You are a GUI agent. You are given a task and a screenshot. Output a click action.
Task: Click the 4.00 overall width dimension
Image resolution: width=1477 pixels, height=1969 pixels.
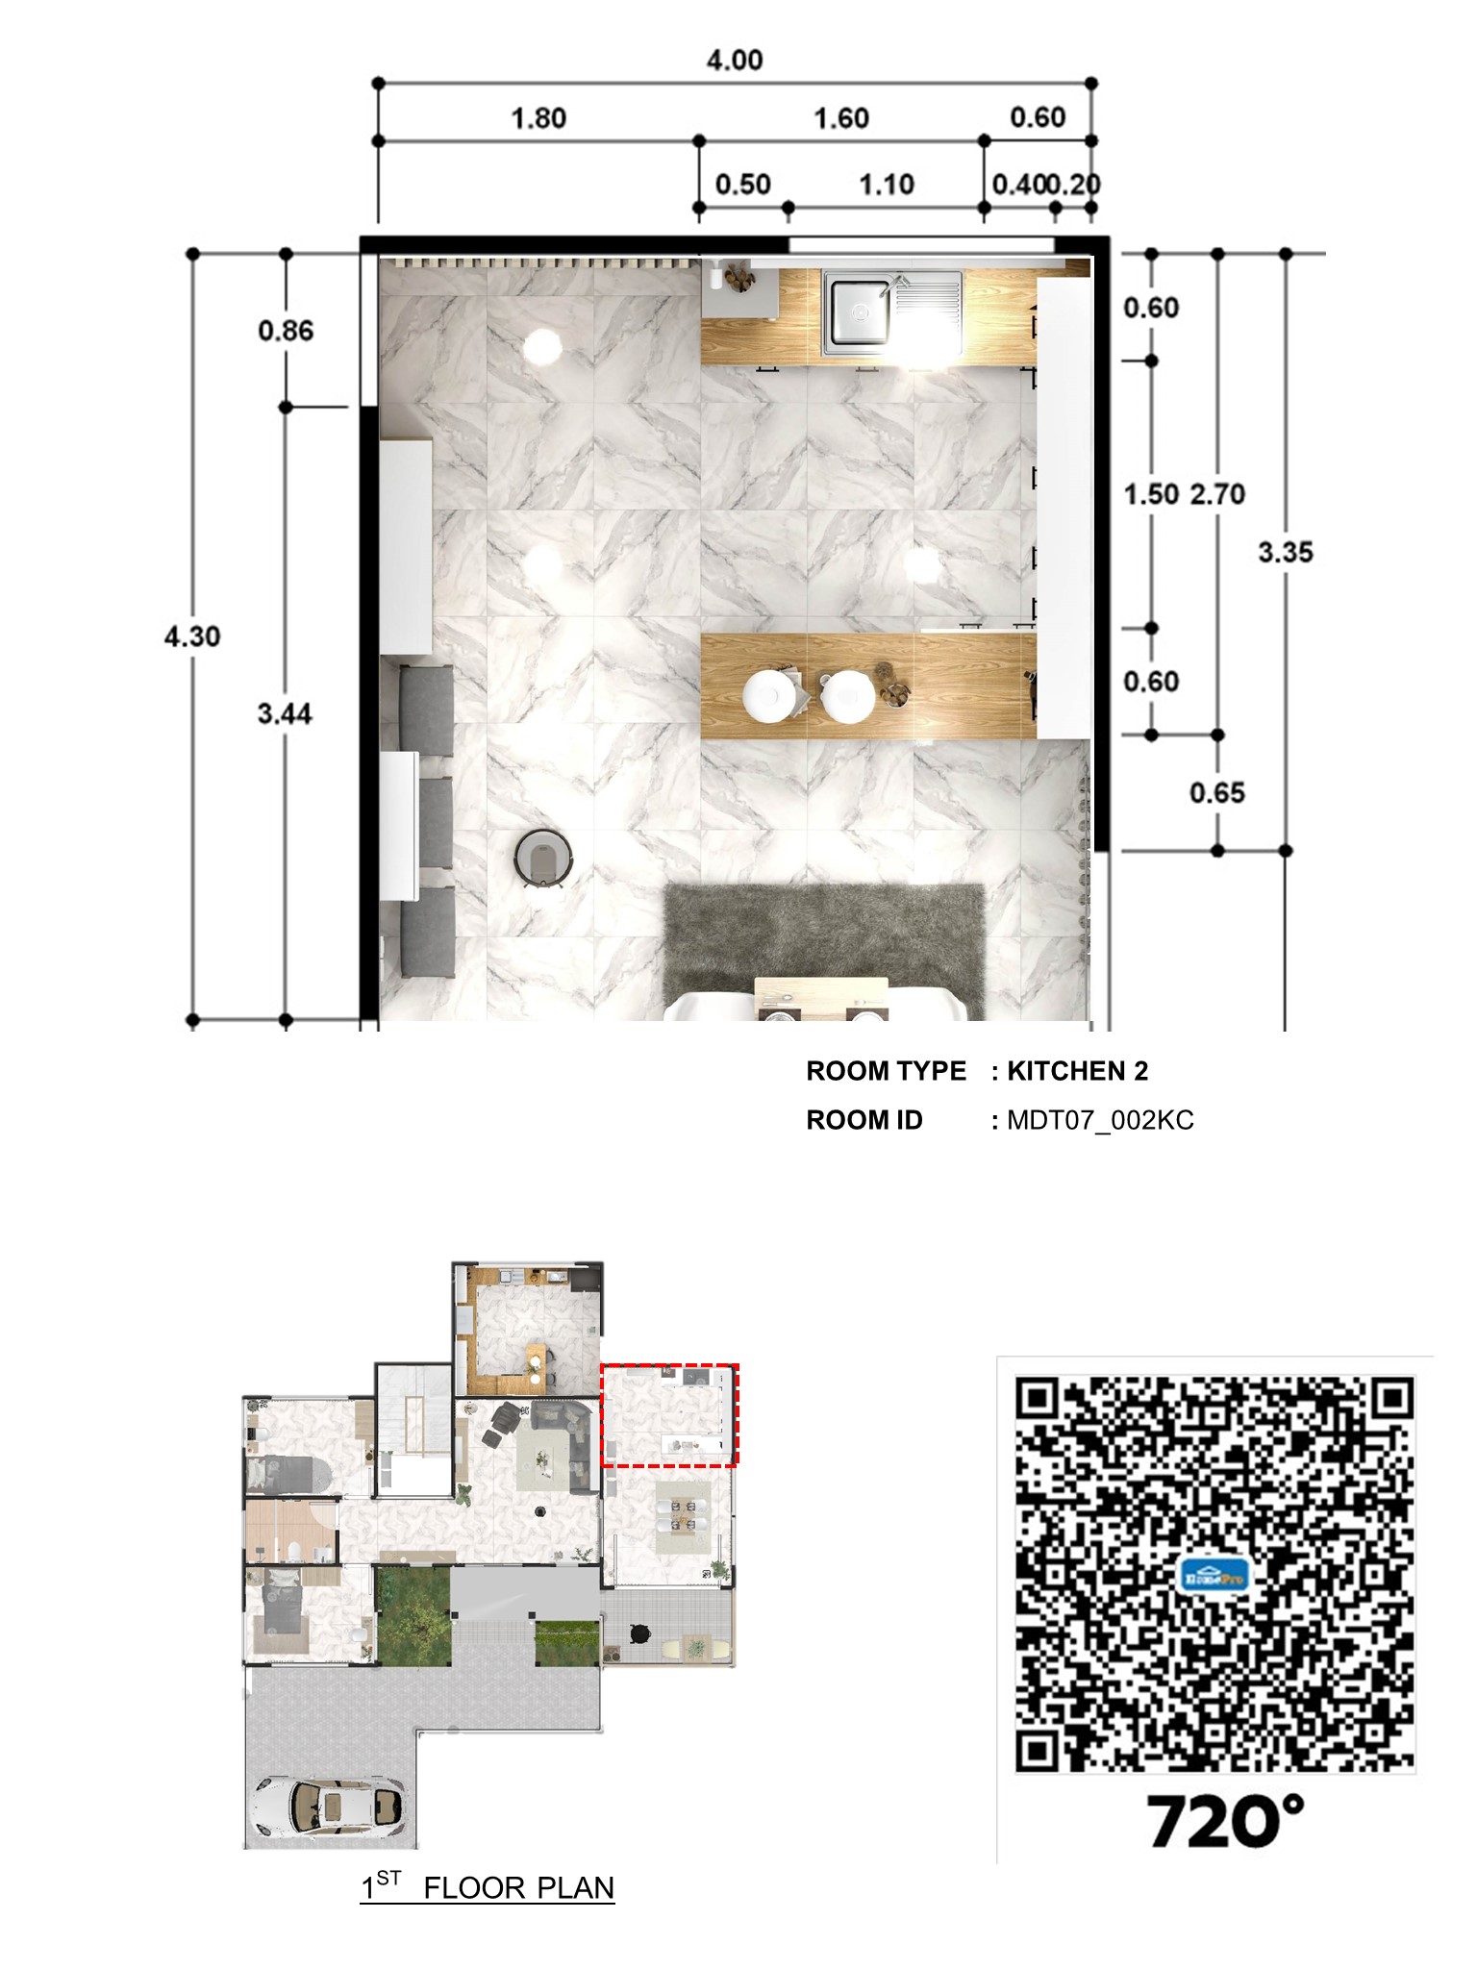(735, 61)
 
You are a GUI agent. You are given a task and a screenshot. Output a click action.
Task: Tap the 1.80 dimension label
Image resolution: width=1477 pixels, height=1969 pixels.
(538, 118)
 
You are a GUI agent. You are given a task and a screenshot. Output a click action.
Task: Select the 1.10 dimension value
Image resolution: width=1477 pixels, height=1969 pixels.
(886, 184)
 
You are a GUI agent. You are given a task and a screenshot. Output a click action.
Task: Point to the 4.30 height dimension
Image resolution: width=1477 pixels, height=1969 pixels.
(192, 636)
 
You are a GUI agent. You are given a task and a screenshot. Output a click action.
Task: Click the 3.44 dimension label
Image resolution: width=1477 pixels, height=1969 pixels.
(285, 713)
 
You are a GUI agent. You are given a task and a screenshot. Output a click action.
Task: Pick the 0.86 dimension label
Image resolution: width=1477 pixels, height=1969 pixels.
(286, 331)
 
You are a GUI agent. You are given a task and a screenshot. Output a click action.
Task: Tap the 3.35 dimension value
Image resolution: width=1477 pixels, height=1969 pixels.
(1285, 553)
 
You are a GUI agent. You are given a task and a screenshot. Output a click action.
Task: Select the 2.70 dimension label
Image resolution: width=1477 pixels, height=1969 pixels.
(1217, 494)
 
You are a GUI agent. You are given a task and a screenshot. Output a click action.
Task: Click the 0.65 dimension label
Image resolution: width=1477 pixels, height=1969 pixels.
(1216, 793)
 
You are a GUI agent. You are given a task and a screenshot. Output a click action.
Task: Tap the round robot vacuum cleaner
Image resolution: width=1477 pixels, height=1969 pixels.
(543, 856)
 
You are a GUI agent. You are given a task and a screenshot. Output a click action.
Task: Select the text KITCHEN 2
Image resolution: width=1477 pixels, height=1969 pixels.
(1077, 1071)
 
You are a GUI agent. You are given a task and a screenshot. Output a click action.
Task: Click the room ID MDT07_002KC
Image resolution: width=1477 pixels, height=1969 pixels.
(1100, 1120)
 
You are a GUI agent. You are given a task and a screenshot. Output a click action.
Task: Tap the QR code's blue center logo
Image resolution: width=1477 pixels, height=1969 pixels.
(1214, 1576)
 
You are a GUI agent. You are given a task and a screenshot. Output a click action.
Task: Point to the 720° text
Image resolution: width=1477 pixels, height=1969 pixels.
(1225, 1821)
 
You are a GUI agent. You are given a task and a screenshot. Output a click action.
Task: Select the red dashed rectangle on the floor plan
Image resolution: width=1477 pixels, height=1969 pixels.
(669, 1366)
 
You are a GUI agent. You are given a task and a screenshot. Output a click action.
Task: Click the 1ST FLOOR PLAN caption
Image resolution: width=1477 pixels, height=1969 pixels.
(488, 1887)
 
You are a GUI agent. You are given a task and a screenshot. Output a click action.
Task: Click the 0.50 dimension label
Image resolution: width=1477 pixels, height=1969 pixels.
(742, 184)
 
